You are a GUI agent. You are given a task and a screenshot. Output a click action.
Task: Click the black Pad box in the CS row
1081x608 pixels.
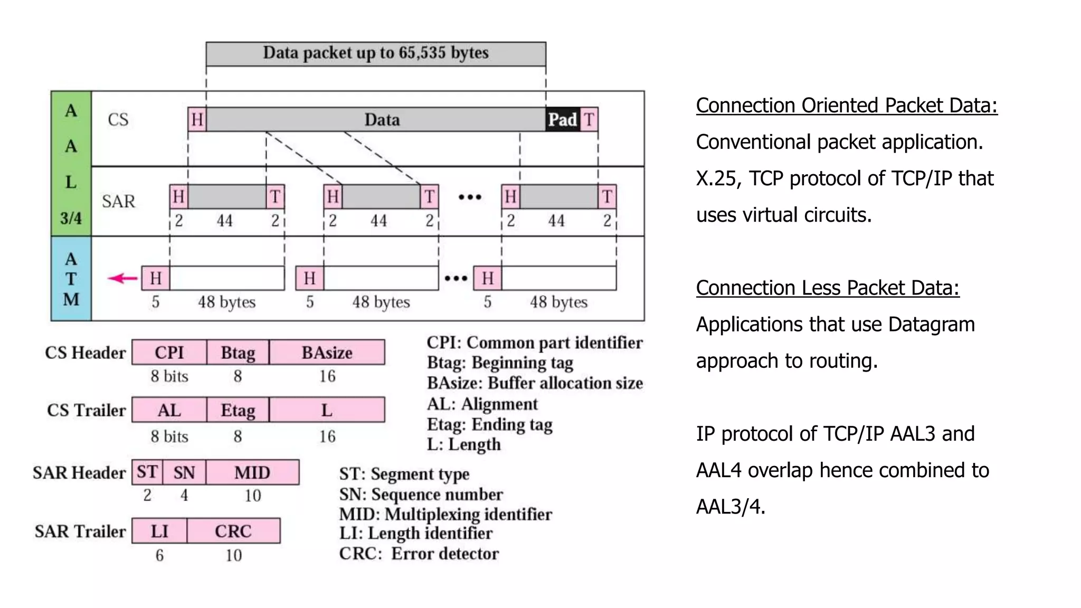coord(562,119)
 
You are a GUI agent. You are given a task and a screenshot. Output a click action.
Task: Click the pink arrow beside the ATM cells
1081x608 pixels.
coord(122,278)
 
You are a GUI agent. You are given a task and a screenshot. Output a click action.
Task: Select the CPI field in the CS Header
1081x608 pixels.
coord(169,352)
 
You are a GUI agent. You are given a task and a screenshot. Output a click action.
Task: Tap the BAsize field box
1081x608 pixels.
coord(327,352)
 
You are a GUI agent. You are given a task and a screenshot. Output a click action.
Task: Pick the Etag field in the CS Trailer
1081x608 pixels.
coord(238,410)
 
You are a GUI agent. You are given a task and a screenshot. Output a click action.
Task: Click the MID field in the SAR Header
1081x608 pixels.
coord(252,472)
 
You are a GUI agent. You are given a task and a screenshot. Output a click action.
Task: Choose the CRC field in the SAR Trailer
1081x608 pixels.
coord(233,531)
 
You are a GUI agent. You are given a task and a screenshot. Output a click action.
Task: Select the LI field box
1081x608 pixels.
coord(159,531)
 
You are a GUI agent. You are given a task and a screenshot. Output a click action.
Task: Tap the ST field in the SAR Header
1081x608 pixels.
coord(147,472)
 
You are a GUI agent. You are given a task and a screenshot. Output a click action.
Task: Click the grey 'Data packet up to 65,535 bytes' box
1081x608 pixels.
coord(376,53)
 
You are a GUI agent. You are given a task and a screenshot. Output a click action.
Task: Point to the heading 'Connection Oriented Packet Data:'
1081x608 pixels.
coord(846,105)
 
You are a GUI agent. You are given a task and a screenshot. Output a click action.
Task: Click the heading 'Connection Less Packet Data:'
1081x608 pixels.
coord(827,288)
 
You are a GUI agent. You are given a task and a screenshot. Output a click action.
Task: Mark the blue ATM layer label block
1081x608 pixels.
coord(71,279)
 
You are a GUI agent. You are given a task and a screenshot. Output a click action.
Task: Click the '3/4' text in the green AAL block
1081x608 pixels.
coord(71,217)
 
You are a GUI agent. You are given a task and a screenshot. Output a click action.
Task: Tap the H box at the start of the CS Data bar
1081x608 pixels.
coord(197,119)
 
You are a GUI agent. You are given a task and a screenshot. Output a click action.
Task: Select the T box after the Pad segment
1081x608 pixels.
coord(589,119)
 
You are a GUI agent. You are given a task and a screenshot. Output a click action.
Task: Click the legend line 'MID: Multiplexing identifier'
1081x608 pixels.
coord(445,514)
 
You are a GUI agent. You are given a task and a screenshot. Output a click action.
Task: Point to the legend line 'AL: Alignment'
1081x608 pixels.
coord(482,404)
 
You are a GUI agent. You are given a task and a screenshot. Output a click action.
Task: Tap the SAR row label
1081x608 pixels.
coord(118,201)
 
